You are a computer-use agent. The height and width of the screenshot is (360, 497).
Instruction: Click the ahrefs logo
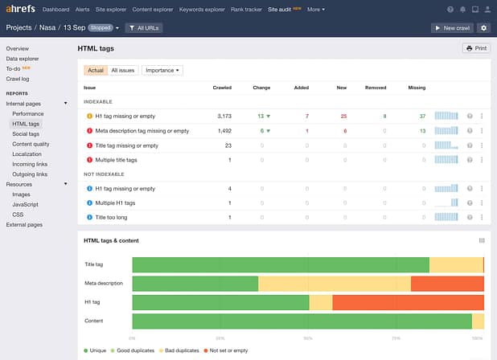[x=20, y=9]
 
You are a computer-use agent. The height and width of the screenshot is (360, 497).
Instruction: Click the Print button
[x=477, y=48]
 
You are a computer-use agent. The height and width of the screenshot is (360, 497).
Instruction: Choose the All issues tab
[x=123, y=70]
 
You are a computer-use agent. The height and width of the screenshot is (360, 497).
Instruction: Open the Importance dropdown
[x=162, y=70]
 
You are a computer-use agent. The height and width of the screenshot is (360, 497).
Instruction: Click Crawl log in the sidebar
[x=18, y=79]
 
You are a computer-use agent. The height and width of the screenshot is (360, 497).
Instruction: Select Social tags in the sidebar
[x=26, y=133]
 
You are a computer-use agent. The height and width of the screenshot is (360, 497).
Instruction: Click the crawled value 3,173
[x=224, y=116]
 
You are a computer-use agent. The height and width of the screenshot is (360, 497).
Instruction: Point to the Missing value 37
[x=422, y=116]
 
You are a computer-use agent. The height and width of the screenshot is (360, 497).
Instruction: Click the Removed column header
[x=376, y=87]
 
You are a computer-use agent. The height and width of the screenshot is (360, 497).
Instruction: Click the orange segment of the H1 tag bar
[x=408, y=302]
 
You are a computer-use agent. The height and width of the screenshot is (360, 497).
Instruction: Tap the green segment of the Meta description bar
[x=195, y=283]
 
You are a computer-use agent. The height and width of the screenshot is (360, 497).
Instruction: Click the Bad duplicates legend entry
[x=183, y=351]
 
